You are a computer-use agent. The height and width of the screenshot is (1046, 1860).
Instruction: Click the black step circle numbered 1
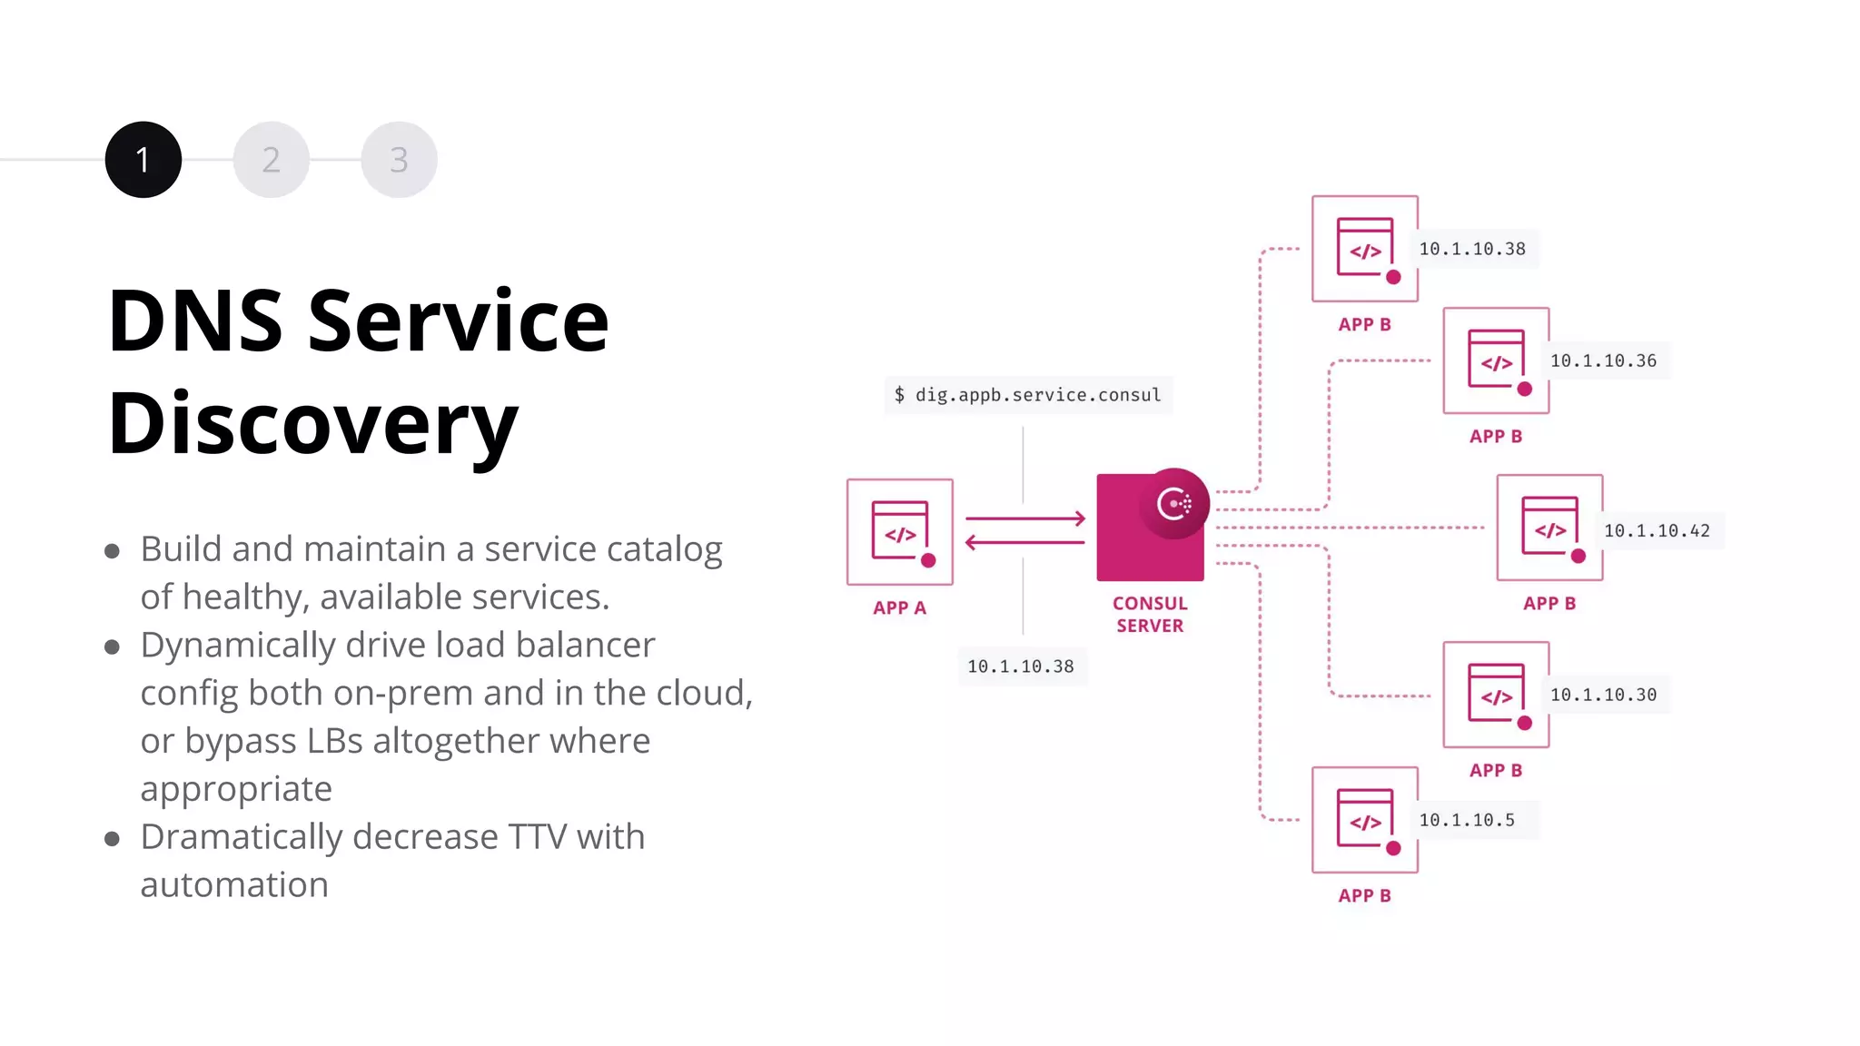coord(143,160)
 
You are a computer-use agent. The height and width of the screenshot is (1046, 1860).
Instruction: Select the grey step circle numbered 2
coord(271,160)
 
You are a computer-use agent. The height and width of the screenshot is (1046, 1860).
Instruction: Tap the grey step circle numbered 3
coord(399,160)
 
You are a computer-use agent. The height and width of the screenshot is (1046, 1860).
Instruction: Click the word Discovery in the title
coord(312,423)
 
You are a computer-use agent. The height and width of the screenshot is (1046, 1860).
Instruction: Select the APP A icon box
coord(899,532)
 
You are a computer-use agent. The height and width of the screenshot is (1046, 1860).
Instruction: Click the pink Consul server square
coord(1135,545)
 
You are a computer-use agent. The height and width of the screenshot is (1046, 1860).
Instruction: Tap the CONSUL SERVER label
coord(1150,615)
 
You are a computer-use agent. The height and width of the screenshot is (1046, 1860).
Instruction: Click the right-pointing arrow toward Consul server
coord(1024,518)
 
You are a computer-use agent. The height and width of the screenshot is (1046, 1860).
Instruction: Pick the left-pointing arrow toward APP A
coord(1024,542)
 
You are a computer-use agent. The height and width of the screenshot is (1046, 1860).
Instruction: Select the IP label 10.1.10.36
coord(1603,360)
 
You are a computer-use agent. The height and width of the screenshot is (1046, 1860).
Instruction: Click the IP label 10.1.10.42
coord(1657,530)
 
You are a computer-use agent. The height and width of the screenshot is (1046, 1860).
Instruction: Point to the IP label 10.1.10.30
coord(1603,695)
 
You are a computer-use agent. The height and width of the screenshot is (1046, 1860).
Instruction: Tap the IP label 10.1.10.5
coord(1467,820)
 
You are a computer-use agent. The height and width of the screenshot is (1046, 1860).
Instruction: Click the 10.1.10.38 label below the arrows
coord(1020,666)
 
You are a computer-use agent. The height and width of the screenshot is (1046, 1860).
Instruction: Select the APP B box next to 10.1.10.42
coord(1549,528)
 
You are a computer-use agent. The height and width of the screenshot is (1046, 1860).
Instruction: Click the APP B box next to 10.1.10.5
coord(1364,820)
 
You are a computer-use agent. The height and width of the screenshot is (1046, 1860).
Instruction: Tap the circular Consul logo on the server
coord(1174,503)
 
